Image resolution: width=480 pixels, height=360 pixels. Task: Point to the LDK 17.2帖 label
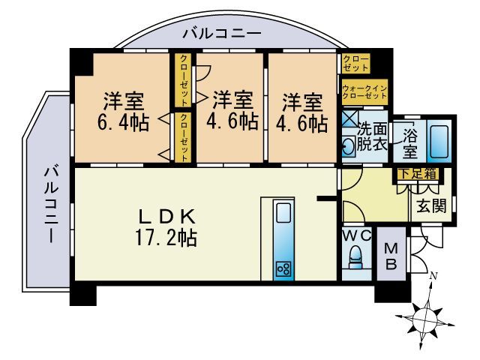point(166,229)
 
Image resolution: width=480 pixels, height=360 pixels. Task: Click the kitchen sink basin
point(283,214)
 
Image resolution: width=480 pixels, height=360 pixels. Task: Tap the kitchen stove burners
point(283,268)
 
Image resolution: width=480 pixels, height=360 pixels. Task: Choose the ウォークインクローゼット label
point(364,92)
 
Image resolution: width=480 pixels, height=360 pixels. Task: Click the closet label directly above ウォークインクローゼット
point(355,62)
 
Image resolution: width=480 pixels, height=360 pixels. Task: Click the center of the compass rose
point(428,313)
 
